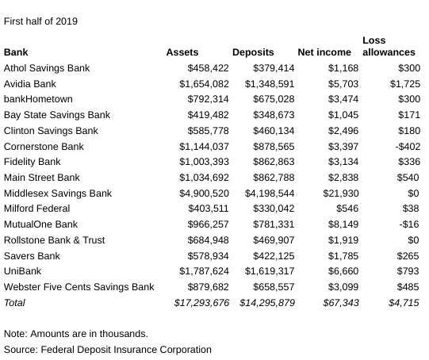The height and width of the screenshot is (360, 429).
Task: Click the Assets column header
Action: [182, 52]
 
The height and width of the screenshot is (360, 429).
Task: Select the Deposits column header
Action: [253, 52]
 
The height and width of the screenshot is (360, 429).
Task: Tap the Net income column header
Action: [324, 52]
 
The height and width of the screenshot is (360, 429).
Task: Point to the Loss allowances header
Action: [389, 46]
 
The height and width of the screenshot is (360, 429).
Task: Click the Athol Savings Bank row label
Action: [47, 68]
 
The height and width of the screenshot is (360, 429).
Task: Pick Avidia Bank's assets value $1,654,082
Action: [204, 84]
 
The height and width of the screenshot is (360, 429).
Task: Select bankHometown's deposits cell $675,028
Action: [274, 99]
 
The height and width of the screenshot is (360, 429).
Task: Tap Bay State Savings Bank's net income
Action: [343, 115]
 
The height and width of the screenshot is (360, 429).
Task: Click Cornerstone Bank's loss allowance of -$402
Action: [408, 147]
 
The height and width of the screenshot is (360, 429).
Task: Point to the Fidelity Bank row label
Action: [33, 162]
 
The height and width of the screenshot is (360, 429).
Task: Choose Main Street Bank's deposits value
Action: [274, 178]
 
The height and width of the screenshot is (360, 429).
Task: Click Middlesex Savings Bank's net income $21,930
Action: [341, 193]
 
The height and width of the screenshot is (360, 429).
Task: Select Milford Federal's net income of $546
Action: [347, 209]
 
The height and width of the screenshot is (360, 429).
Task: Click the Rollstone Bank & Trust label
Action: [55, 240]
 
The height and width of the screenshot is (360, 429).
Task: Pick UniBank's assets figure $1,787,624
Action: [204, 271]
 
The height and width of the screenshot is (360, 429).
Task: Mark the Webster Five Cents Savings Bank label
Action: [79, 287]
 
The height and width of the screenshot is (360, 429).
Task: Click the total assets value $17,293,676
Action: [201, 303]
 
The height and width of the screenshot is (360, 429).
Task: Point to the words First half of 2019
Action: [40, 21]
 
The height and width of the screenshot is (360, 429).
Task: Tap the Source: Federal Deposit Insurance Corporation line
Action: [108, 350]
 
